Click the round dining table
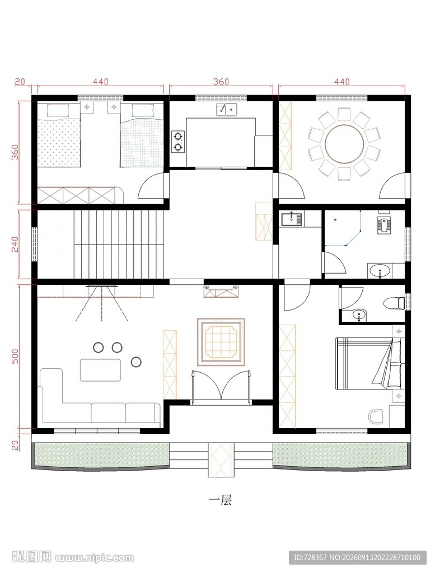[x=344, y=144]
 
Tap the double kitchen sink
[x=227, y=109]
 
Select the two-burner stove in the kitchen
[x=178, y=142]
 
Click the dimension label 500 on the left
[x=15, y=356]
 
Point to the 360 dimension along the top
[x=221, y=82]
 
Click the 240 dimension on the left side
[x=15, y=244]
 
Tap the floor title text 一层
[x=220, y=500]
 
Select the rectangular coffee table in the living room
[x=101, y=370]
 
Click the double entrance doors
[x=221, y=387]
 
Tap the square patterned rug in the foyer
[x=221, y=342]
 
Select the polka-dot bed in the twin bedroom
[x=59, y=135]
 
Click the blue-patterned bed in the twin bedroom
[x=142, y=135]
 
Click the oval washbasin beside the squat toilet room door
[x=380, y=271]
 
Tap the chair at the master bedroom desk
[x=375, y=416]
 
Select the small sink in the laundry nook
[x=291, y=219]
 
